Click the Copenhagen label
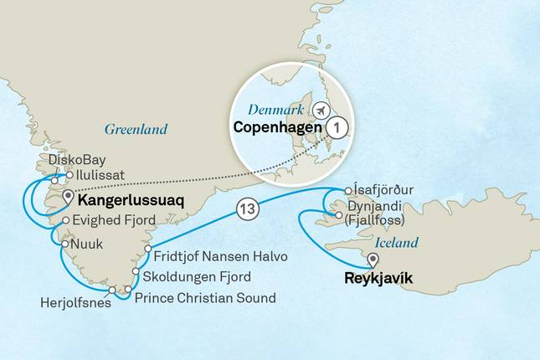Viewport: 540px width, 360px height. (x=265, y=128)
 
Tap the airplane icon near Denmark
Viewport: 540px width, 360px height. (x=321, y=111)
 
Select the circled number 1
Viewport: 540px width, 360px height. (x=336, y=128)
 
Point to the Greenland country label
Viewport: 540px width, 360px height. (x=136, y=129)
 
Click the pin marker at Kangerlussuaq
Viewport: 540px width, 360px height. (x=66, y=198)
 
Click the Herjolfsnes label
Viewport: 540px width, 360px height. (x=73, y=297)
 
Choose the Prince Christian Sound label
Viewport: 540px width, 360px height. (x=204, y=297)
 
